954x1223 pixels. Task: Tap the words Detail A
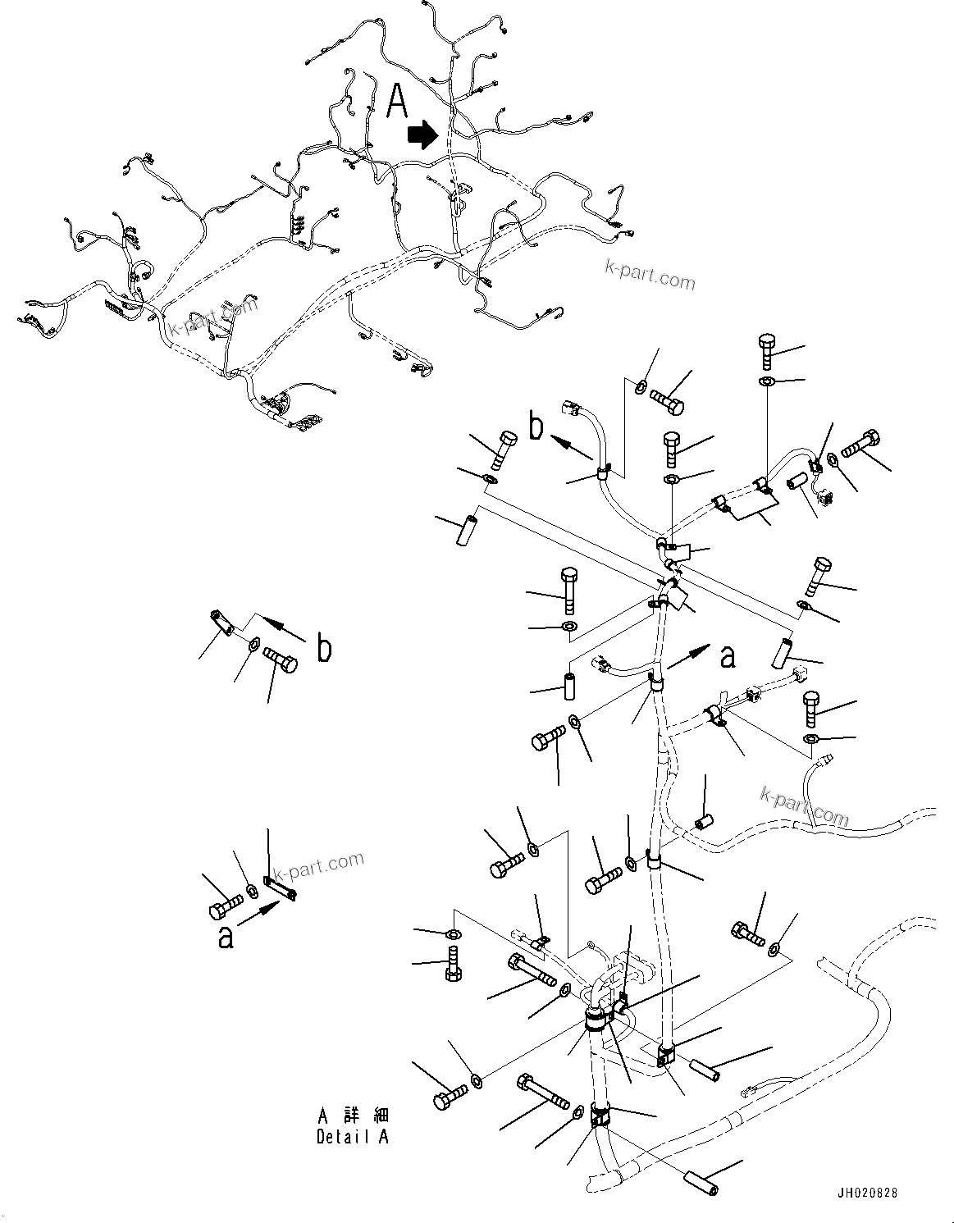click(353, 1137)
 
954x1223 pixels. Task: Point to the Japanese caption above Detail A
click(353, 1116)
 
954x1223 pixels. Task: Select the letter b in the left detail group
click(325, 649)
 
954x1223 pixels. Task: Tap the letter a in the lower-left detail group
click(225, 937)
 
